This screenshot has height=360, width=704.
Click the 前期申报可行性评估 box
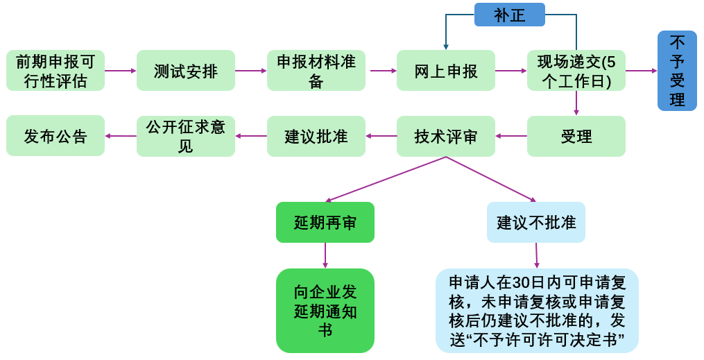click(x=55, y=71)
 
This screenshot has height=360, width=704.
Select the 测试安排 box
click(x=186, y=71)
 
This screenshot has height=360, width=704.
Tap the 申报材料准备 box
click(x=316, y=71)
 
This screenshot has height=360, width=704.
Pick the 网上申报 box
click(x=446, y=71)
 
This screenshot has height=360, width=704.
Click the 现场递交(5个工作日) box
click(x=576, y=71)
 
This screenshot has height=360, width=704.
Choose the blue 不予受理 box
click(x=677, y=71)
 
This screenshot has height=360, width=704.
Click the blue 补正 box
click(x=510, y=15)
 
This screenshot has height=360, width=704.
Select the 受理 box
click(x=576, y=136)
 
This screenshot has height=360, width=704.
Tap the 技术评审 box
click(x=446, y=136)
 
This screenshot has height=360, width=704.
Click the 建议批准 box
click(x=316, y=136)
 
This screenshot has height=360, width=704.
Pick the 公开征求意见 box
click(x=186, y=136)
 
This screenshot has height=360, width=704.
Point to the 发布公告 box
click(x=55, y=136)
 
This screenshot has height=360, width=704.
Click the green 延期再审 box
click(x=325, y=223)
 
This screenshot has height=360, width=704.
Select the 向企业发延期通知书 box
click(x=325, y=311)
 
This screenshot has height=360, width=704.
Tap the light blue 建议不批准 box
click(x=536, y=223)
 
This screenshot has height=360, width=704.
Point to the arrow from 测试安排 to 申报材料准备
click(x=251, y=71)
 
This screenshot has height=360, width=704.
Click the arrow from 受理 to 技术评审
click(x=511, y=136)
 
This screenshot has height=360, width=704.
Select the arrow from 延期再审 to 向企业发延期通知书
click(x=325, y=255)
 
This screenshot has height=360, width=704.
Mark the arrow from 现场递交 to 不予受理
click(x=641, y=71)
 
